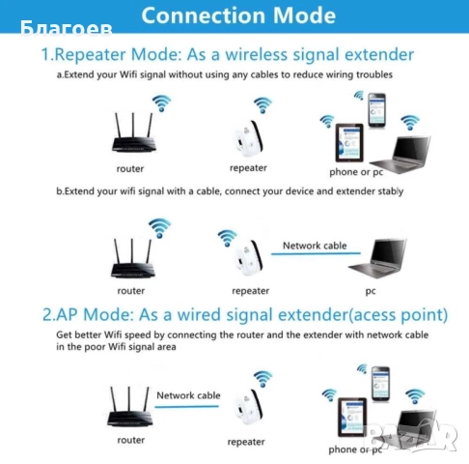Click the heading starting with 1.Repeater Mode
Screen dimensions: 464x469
coord(228,54)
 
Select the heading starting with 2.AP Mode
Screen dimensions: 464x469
coord(244,314)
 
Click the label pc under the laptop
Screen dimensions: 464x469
coord(370,290)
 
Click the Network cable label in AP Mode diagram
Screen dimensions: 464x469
coord(188,395)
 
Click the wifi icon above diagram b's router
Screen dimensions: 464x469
coord(159,227)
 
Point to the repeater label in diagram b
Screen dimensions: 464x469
coord(251,290)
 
